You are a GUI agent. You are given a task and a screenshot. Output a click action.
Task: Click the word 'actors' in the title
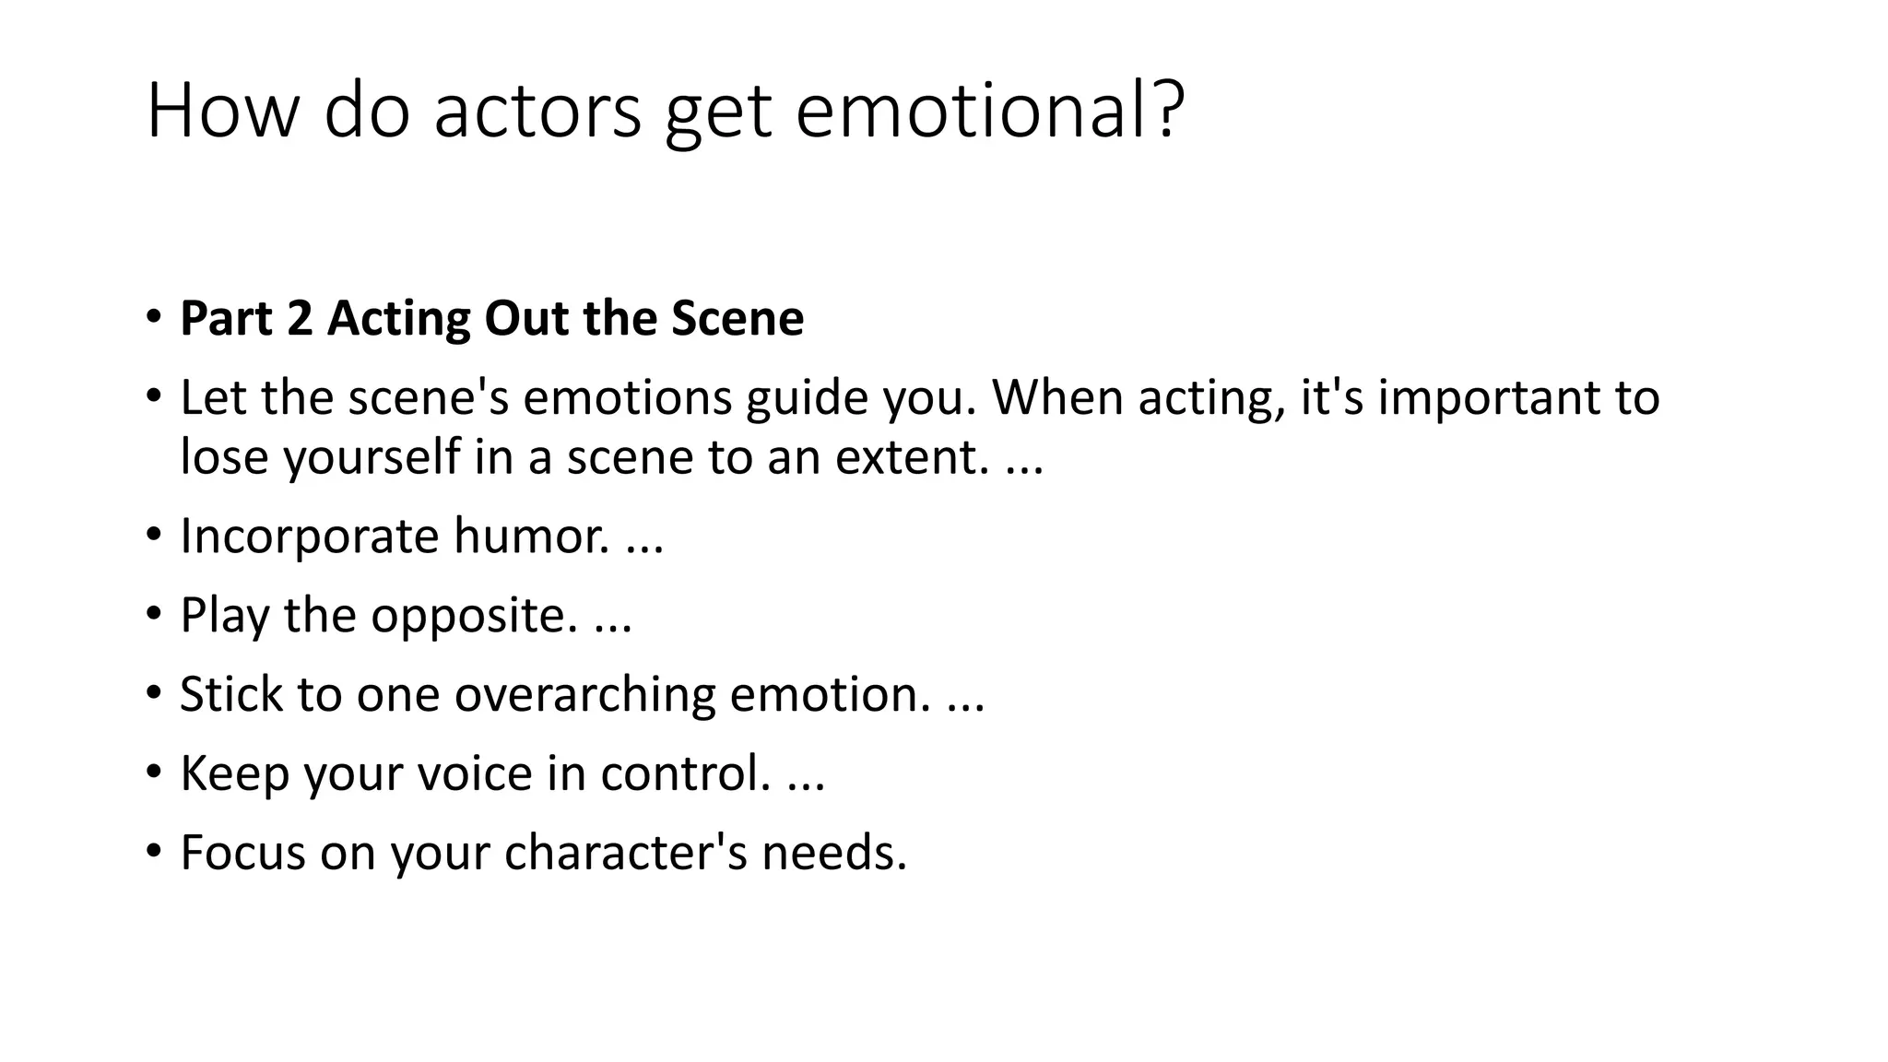pyautogui.click(x=537, y=111)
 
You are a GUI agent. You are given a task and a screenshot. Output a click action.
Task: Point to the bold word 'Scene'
pyautogui.click(x=737, y=318)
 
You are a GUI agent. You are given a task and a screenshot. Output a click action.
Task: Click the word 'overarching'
pyautogui.click(x=584, y=694)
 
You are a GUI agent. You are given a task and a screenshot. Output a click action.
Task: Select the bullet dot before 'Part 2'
pyautogui.click(x=153, y=317)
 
